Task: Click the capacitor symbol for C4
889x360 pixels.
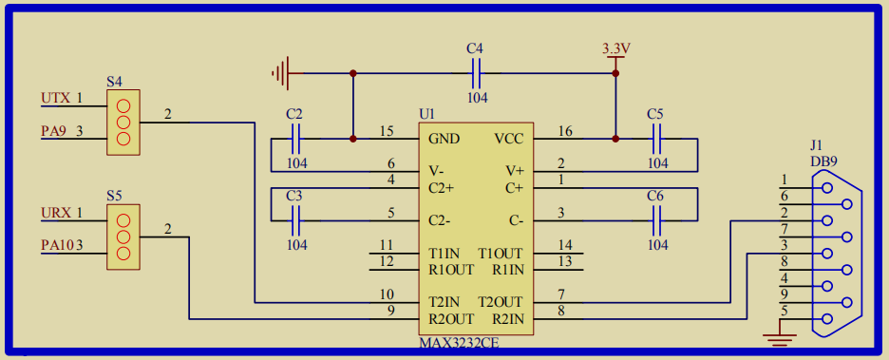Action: tap(476, 72)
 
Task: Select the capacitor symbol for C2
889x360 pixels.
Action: tap(295, 140)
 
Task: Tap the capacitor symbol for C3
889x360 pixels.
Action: tap(295, 221)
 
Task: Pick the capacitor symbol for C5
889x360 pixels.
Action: tap(656, 140)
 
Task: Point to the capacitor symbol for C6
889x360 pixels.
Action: tap(656, 221)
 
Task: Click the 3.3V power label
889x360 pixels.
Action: tap(616, 48)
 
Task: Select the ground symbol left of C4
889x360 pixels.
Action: tap(279, 72)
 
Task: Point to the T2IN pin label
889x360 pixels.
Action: tap(445, 301)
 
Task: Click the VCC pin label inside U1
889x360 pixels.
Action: tap(509, 139)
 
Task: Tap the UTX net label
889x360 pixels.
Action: tap(55, 98)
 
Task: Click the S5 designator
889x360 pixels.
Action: tap(114, 195)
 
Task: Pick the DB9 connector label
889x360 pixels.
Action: tap(823, 161)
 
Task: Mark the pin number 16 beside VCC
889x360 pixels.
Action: tap(565, 131)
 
